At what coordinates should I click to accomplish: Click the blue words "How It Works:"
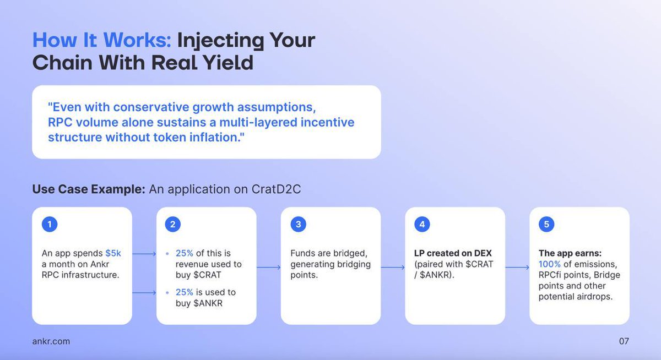(102, 41)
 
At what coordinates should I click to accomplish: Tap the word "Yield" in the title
(227, 63)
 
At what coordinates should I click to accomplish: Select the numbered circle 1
(50, 224)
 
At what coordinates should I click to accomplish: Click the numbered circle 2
(173, 224)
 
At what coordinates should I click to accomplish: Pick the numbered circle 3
(298, 224)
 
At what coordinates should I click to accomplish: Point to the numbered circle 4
(422, 224)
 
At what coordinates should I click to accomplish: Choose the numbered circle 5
(546, 224)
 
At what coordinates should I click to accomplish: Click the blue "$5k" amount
(113, 253)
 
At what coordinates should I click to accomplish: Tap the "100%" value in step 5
(550, 264)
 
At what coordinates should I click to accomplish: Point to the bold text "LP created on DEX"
(453, 253)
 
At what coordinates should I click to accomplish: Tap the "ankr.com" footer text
(51, 341)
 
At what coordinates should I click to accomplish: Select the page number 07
(624, 341)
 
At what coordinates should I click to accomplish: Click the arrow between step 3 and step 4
(393, 268)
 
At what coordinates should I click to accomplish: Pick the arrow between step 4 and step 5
(517, 268)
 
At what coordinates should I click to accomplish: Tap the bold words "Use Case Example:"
(89, 189)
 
